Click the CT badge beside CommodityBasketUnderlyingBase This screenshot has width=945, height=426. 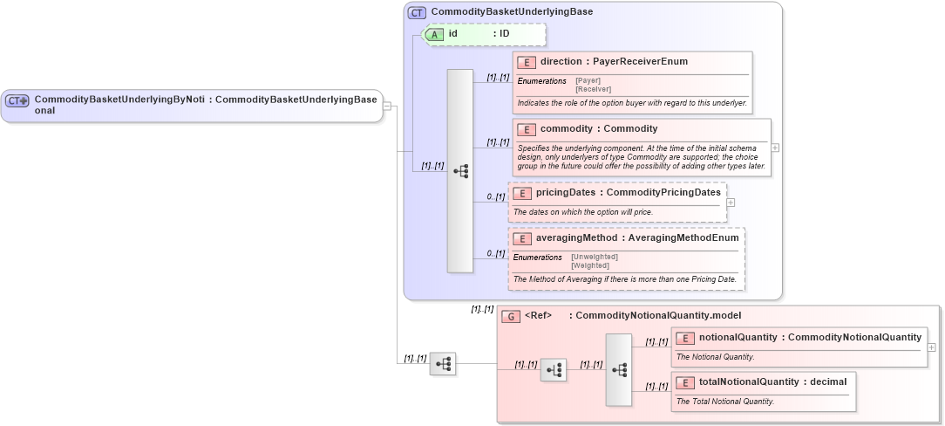pos(418,13)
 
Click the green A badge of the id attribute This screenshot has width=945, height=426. pos(434,34)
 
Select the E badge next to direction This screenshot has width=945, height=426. pos(526,62)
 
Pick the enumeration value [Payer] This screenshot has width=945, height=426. pos(588,80)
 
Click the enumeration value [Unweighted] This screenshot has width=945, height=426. pos(595,257)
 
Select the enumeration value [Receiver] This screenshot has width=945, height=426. pos(593,89)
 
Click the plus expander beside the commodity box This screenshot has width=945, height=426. pos(775,148)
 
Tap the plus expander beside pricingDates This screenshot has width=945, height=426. pos(731,203)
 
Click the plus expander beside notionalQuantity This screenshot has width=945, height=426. pos(932,347)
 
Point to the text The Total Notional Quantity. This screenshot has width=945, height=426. pos(725,402)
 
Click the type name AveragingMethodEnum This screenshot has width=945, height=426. pos(683,237)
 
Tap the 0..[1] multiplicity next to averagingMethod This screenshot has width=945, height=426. pos(496,254)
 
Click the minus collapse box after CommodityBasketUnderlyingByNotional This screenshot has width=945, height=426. pos(388,106)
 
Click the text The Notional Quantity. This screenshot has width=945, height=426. pos(716,356)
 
